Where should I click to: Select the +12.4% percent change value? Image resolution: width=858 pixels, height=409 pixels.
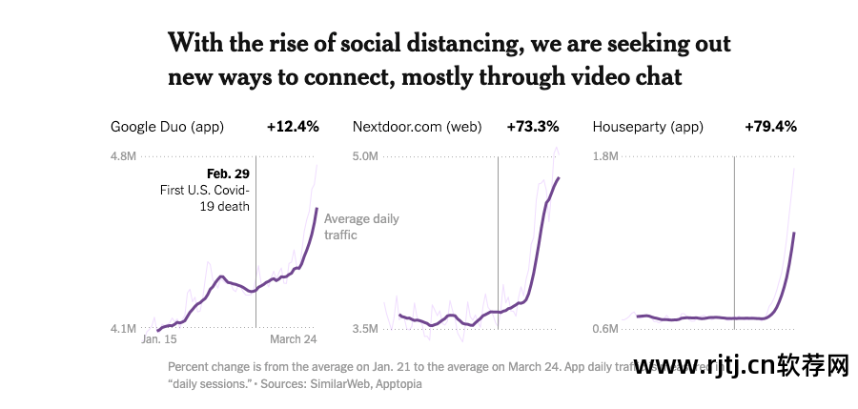[293, 126]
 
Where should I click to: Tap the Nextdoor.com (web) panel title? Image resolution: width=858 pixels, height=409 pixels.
[417, 126]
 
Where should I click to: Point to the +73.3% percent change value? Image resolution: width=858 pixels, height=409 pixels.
[533, 126]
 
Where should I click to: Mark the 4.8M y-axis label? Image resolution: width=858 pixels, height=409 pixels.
[124, 156]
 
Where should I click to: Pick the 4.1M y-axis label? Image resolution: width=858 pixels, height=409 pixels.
[124, 329]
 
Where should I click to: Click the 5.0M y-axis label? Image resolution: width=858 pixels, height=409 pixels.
[365, 156]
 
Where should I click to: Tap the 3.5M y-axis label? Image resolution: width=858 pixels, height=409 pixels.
[365, 329]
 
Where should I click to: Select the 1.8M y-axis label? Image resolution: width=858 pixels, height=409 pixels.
[606, 156]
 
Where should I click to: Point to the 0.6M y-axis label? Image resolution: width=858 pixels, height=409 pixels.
[606, 329]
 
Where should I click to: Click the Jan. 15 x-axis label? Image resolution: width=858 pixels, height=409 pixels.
[159, 339]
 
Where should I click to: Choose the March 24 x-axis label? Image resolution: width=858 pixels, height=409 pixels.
[292, 339]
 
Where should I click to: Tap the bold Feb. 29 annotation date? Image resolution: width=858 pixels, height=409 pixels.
[228, 174]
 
